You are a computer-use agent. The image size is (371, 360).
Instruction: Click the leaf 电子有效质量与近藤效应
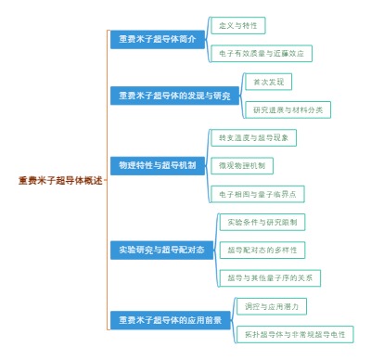point(261,54)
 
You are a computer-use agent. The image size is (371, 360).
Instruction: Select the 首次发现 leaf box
point(265,82)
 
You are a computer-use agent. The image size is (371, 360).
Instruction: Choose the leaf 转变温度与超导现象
point(254,137)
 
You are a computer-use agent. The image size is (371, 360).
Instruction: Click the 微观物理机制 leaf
point(241,165)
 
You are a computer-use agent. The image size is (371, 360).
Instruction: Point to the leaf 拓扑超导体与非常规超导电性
point(294,333)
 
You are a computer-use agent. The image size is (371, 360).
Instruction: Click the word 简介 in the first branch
point(186,39)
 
